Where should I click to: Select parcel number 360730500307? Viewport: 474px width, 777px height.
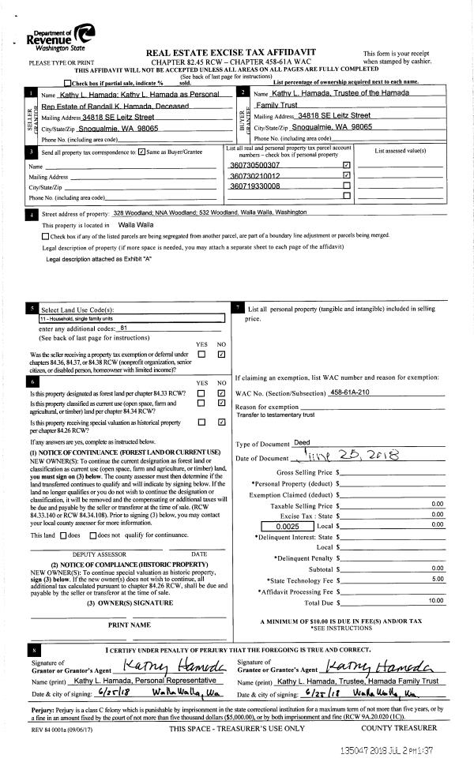tap(254, 165)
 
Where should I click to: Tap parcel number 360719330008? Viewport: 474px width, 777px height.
tap(254, 186)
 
